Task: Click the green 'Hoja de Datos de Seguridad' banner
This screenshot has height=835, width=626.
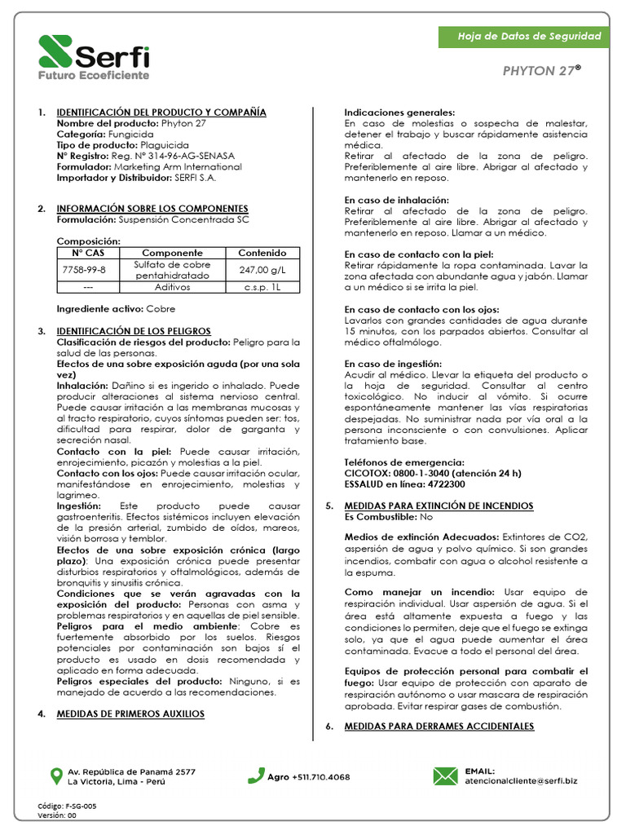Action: coord(529,37)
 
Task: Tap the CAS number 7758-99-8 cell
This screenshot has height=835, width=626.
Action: coord(83,270)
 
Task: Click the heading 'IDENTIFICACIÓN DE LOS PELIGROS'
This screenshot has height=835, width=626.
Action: coord(133,331)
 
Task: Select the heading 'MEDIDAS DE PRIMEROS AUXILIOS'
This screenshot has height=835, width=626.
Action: coord(130,714)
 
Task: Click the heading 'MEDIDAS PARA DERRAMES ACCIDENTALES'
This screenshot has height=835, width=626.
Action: coord(439,726)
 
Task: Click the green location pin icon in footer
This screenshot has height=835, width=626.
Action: coord(55,775)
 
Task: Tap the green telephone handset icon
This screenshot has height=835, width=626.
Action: coord(256,775)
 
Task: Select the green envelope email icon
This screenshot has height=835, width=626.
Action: coord(445,775)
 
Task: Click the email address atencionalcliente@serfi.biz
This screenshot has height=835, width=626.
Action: coord(521,781)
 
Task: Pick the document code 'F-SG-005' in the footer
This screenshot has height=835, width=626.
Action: coord(80,806)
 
